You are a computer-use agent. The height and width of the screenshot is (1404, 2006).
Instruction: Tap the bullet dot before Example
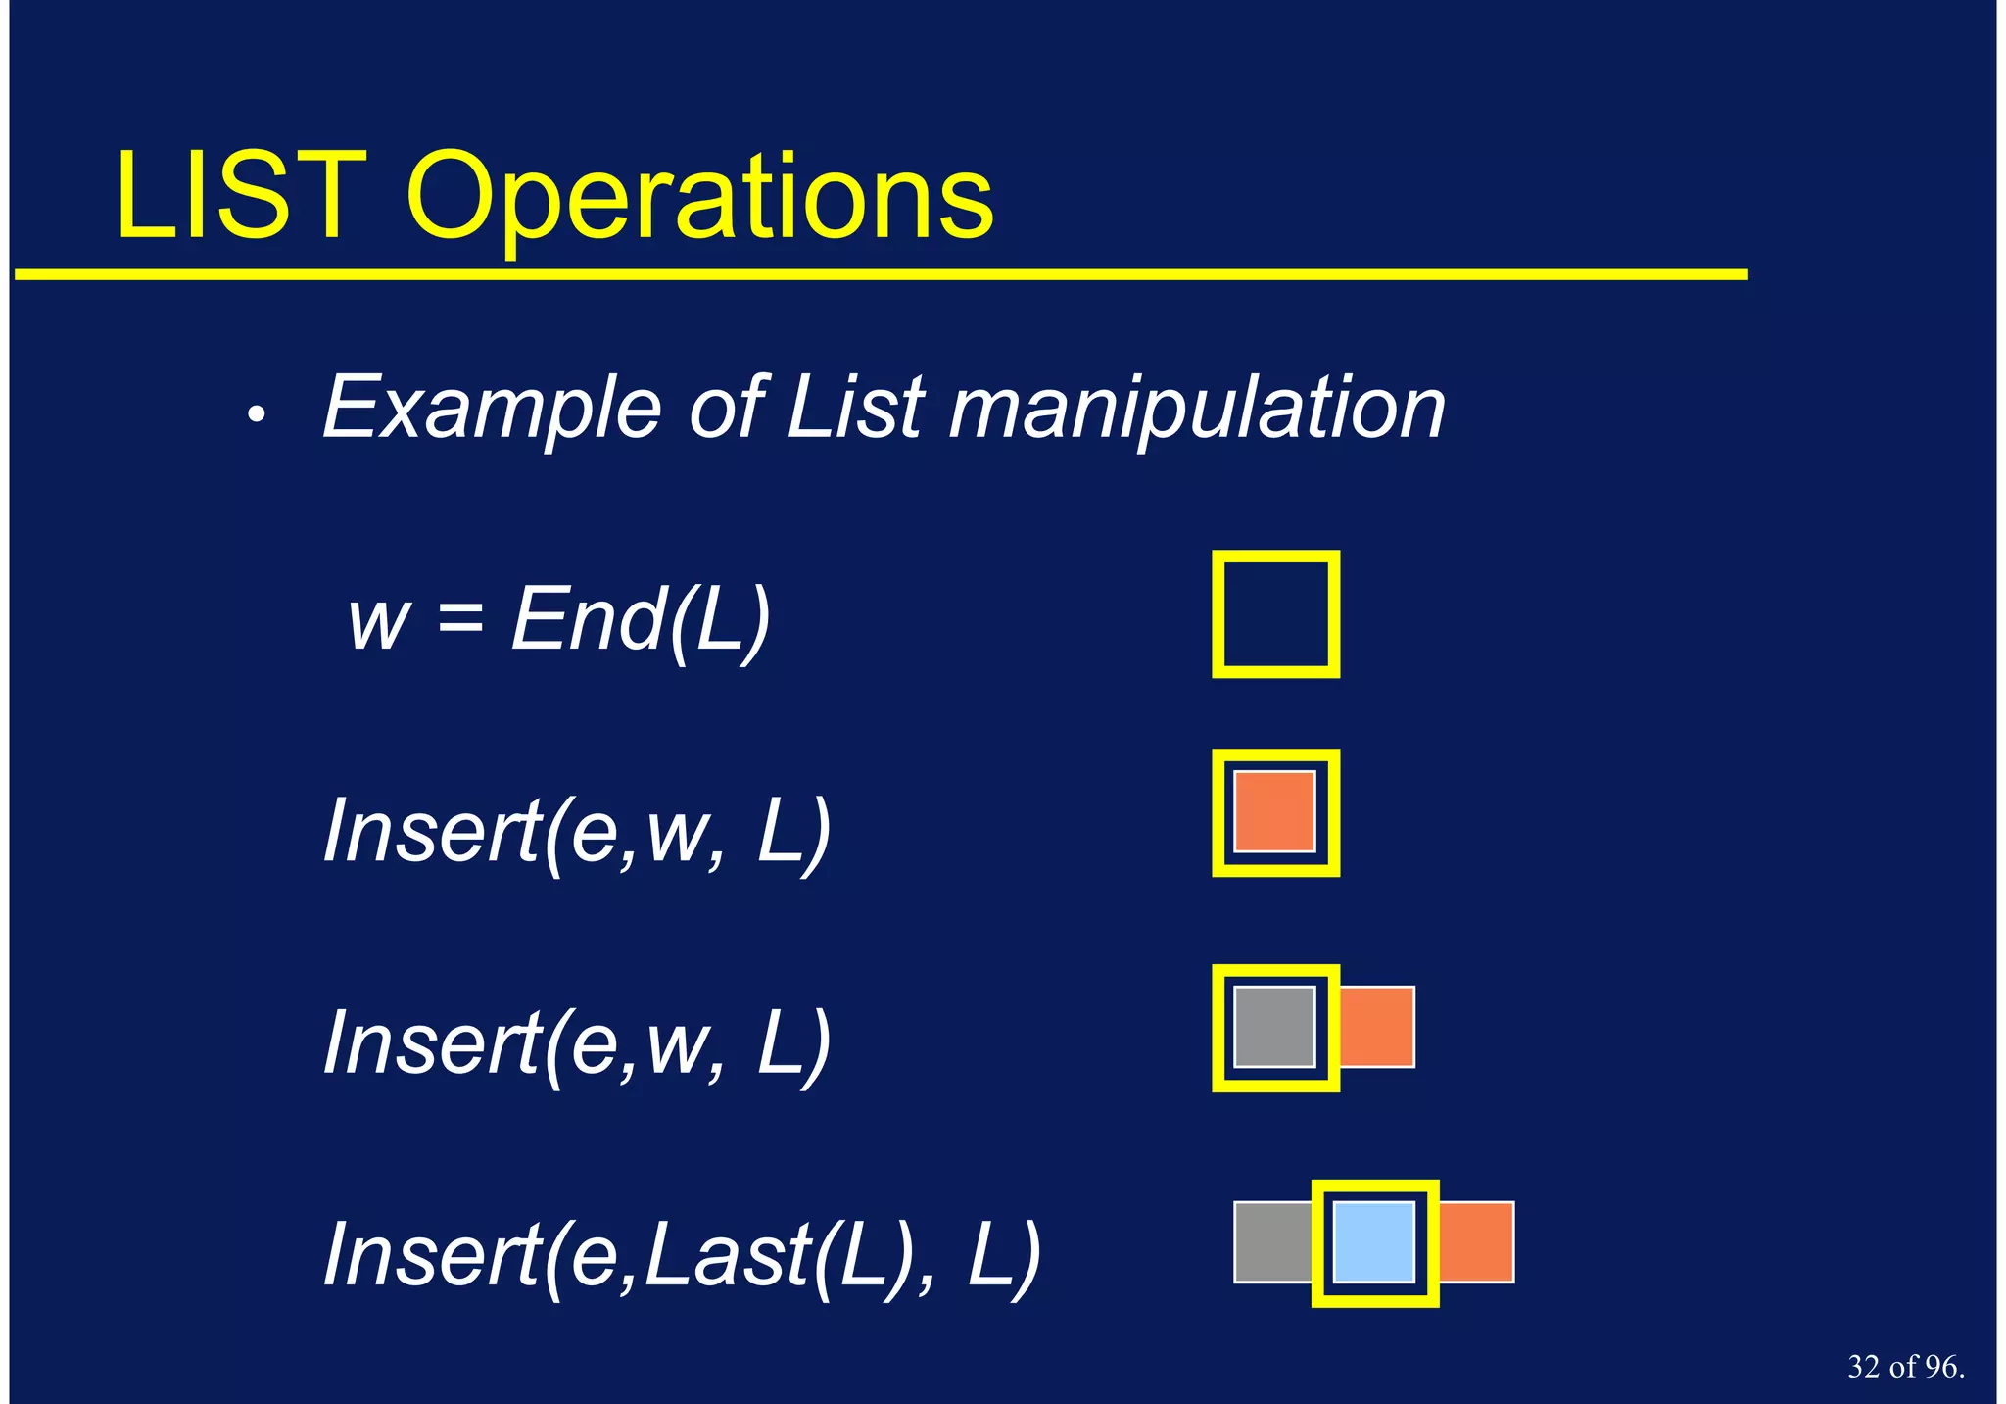tap(257, 415)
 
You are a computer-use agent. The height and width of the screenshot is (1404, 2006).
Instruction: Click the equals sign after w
tap(460, 619)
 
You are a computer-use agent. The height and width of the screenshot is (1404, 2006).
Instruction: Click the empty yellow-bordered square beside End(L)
tap(1275, 614)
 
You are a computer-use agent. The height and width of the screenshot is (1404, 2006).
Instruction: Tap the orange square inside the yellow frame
tap(1274, 811)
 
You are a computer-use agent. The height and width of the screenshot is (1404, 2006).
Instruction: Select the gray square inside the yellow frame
tap(1274, 1027)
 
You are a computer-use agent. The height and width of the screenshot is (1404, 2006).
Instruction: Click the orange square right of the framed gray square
tap(1377, 1027)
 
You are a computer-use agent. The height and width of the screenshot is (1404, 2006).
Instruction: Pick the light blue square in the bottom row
tap(1374, 1242)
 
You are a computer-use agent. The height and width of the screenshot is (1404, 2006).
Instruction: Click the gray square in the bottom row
tap(1271, 1242)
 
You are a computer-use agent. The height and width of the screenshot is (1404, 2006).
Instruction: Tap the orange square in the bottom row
tap(1476, 1242)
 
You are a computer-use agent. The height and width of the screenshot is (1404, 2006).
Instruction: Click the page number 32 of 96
tap(1905, 1367)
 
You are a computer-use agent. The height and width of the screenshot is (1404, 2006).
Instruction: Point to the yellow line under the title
tap(882, 275)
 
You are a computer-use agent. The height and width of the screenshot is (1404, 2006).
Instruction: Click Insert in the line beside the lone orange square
tap(431, 832)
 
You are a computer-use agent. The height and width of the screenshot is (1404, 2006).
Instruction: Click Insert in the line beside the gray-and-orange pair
tap(431, 1043)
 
